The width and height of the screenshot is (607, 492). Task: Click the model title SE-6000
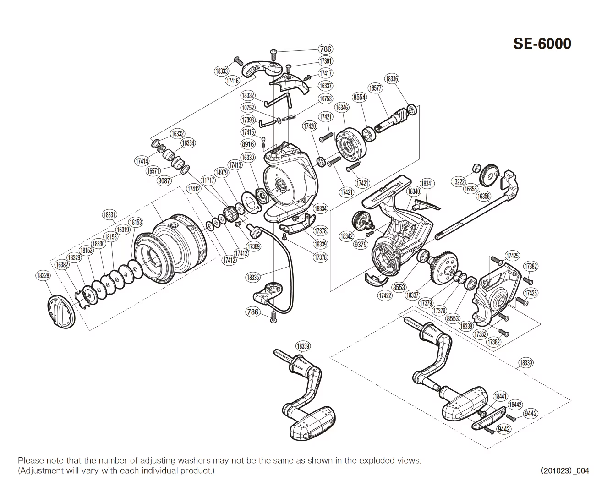[x=542, y=44]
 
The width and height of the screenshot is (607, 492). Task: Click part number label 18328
[x=43, y=275]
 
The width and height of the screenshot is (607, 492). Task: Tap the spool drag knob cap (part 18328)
[x=60, y=312]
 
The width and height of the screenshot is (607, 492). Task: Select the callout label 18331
[x=109, y=214]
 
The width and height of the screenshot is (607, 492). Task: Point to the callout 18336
[x=391, y=79]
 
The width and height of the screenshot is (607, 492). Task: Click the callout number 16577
[x=375, y=88]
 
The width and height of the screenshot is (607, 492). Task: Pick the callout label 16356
[x=483, y=197]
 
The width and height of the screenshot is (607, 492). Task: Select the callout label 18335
[x=252, y=277]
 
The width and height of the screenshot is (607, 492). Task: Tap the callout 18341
[x=427, y=184]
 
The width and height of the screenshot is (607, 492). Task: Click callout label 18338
[x=466, y=326]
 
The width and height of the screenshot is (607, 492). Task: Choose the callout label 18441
[x=500, y=396]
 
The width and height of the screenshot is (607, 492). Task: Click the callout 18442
[x=515, y=405]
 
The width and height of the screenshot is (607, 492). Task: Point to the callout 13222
[x=459, y=182]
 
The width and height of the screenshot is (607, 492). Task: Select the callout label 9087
[x=164, y=180]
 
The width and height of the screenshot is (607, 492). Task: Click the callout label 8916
[x=247, y=144]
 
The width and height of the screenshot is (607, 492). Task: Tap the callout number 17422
[x=385, y=295]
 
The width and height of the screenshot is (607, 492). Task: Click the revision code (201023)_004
[x=565, y=470]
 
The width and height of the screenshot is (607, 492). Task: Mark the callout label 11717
[x=208, y=180]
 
